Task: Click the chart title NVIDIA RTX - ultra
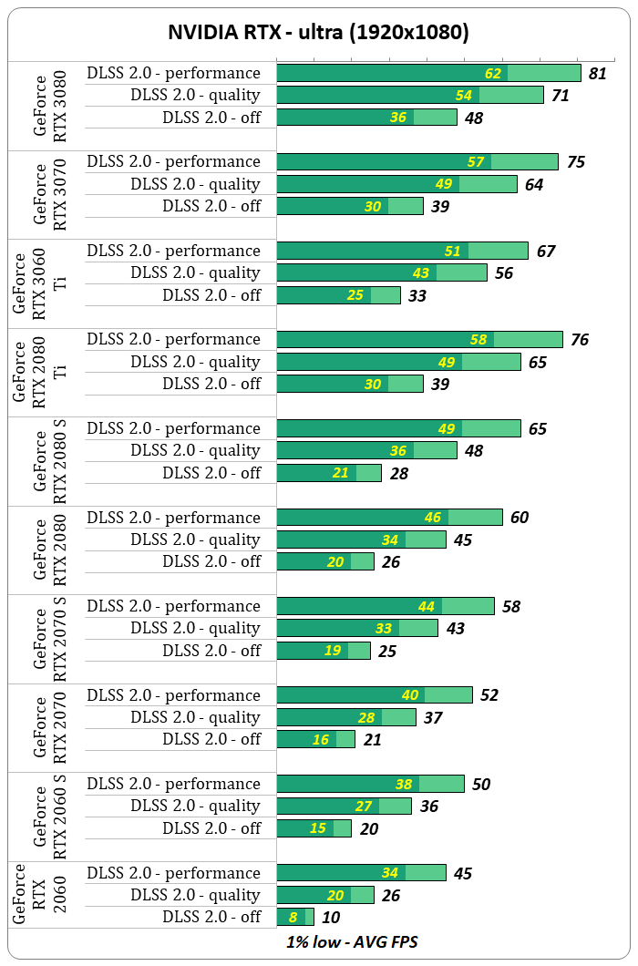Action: pyautogui.click(x=318, y=33)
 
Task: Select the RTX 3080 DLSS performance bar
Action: pyautogui.click(x=428, y=73)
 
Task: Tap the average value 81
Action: pyautogui.click(x=598, y=73)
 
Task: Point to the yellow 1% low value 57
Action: pyautogui.click(x=476, y=161)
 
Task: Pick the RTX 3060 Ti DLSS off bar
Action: pyautogui.click(x=338, y=295)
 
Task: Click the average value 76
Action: pyautogui.click(x=580, y=340)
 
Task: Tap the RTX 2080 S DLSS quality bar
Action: pyautogui.click(x=366, y=450)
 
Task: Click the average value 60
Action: pyautogui.click(x=520, y=518)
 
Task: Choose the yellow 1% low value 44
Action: pyautogui.click(x=427, y=606)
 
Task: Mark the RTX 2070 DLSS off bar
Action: pyautogui.click(x=315, y=739)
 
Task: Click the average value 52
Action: pyautogui.click(x=489, y=695)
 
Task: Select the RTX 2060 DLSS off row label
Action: pyautogui.click(x=211, y=917)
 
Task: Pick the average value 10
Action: pyautogui.click(x=332, y=917)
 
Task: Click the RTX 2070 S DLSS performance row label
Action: pyautogui.click(x=173, y=606)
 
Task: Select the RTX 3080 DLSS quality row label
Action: pyautogui.click(x=195, y=95)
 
